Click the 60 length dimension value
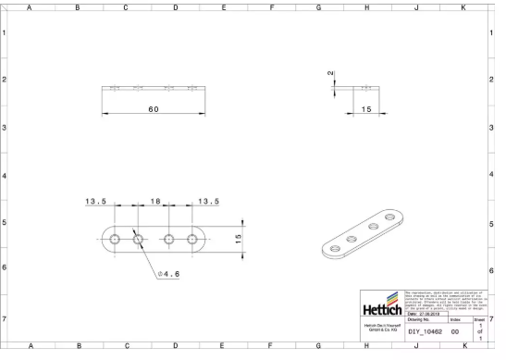coord(153,108)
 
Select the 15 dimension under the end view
coord(366,109)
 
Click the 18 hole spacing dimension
coord(155,201)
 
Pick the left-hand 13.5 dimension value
coord(96,201)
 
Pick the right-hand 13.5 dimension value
coord(208,201)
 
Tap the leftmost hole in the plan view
coord(114,239)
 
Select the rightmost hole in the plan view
coord(192,239)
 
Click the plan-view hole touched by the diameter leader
coord(138,239)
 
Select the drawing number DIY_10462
coord(426,330)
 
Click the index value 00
coord(455,330)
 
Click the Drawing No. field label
coord(422,319)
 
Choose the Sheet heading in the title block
coord(479,319)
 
